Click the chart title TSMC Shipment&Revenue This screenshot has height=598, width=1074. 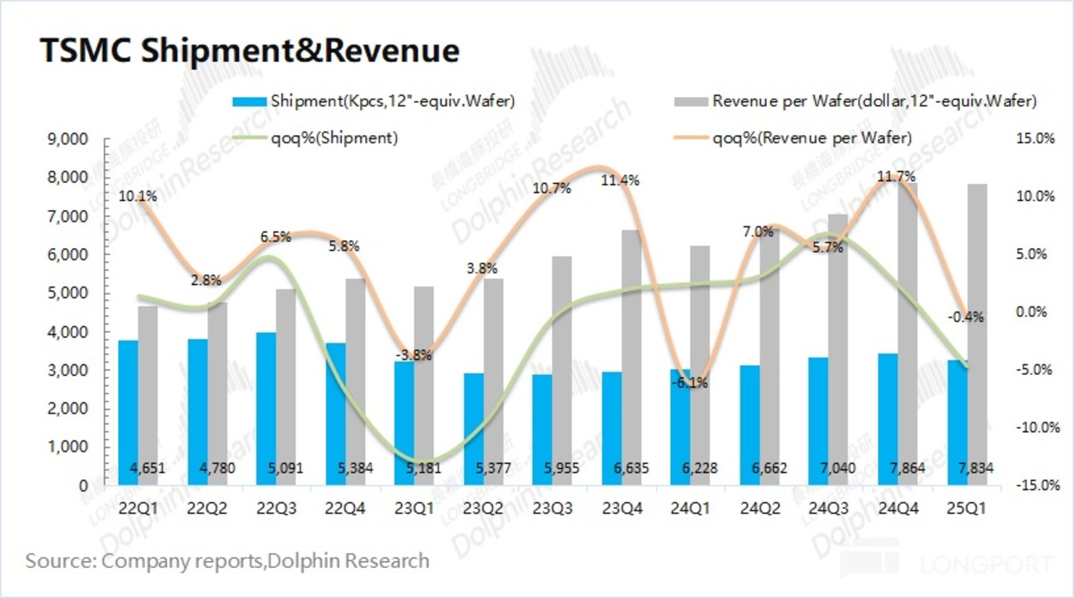coord(249,51)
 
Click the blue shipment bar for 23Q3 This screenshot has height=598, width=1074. coord(542,429)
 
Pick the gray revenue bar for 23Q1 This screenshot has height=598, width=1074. coord(423,384)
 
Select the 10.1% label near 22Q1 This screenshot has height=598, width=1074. coord(137,197)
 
